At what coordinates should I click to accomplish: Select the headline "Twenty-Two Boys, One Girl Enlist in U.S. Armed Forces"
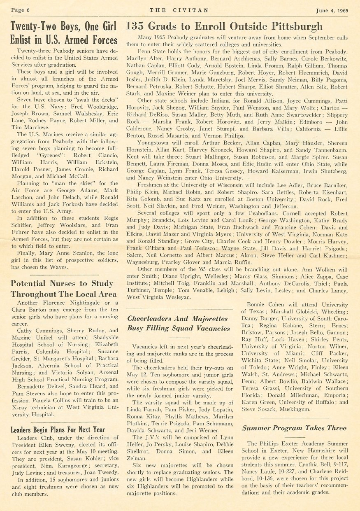pos(64,33)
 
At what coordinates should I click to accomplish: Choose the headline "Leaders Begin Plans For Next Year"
pos(58,429)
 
